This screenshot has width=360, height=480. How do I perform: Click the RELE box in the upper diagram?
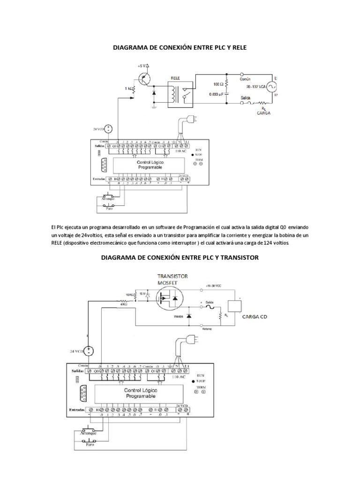[x=180, y=92]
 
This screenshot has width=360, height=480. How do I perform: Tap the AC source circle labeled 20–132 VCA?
[x=270, y=86]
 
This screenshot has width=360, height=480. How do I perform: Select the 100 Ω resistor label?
[x=218, y=84]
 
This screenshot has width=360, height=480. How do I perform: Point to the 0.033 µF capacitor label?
[x=216, y=93]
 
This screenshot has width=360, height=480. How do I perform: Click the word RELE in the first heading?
[x=238, y=47]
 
